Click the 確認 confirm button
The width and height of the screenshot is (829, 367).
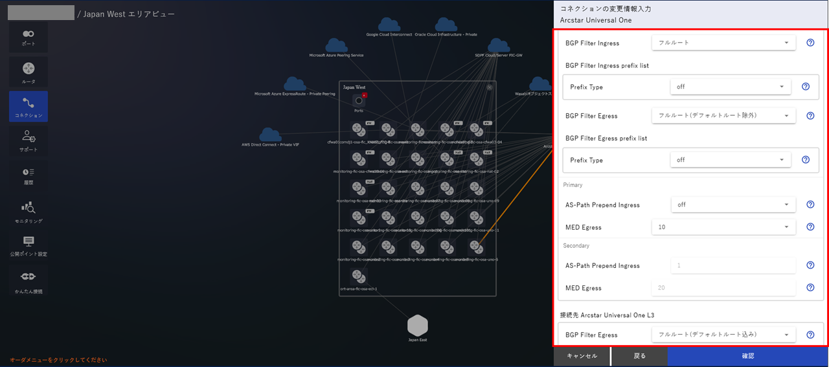pos(747,356)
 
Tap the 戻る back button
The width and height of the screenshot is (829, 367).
pos(639,356)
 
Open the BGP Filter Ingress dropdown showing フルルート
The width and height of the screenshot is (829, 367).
pos(723,43)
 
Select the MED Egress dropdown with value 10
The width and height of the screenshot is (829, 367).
pos(723,227)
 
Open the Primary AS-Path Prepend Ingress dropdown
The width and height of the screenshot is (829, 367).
pos(733,205)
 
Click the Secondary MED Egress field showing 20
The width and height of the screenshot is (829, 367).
pos(723,288)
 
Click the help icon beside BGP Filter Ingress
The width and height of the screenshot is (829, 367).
pos(810,43)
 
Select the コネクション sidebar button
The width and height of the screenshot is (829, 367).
pos(28,106)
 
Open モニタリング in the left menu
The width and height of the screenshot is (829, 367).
pos(28,211)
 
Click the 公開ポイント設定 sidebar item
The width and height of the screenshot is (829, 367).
pos(28,245)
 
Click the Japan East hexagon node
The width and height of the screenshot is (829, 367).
pos(418,326)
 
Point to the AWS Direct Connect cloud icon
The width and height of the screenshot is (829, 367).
pos(270,134)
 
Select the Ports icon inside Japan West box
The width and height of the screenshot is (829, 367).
pos(359,100)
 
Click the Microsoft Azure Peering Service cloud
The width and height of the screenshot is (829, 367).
pos(336,45)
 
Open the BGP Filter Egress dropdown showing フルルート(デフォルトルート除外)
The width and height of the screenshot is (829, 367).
pos(723,116)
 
